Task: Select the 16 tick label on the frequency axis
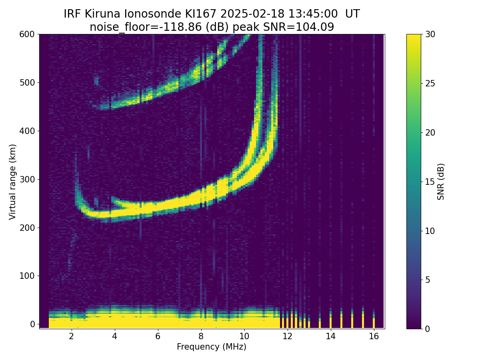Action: coord(374,336)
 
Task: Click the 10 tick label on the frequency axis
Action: coord(244,336)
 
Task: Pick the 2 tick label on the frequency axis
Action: coord(72,336)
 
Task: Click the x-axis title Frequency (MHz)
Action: coord(212,347)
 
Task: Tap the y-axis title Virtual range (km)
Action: coord(12,182)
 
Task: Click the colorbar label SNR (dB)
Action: coord(441,182)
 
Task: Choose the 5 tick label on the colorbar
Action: coord(427,280)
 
